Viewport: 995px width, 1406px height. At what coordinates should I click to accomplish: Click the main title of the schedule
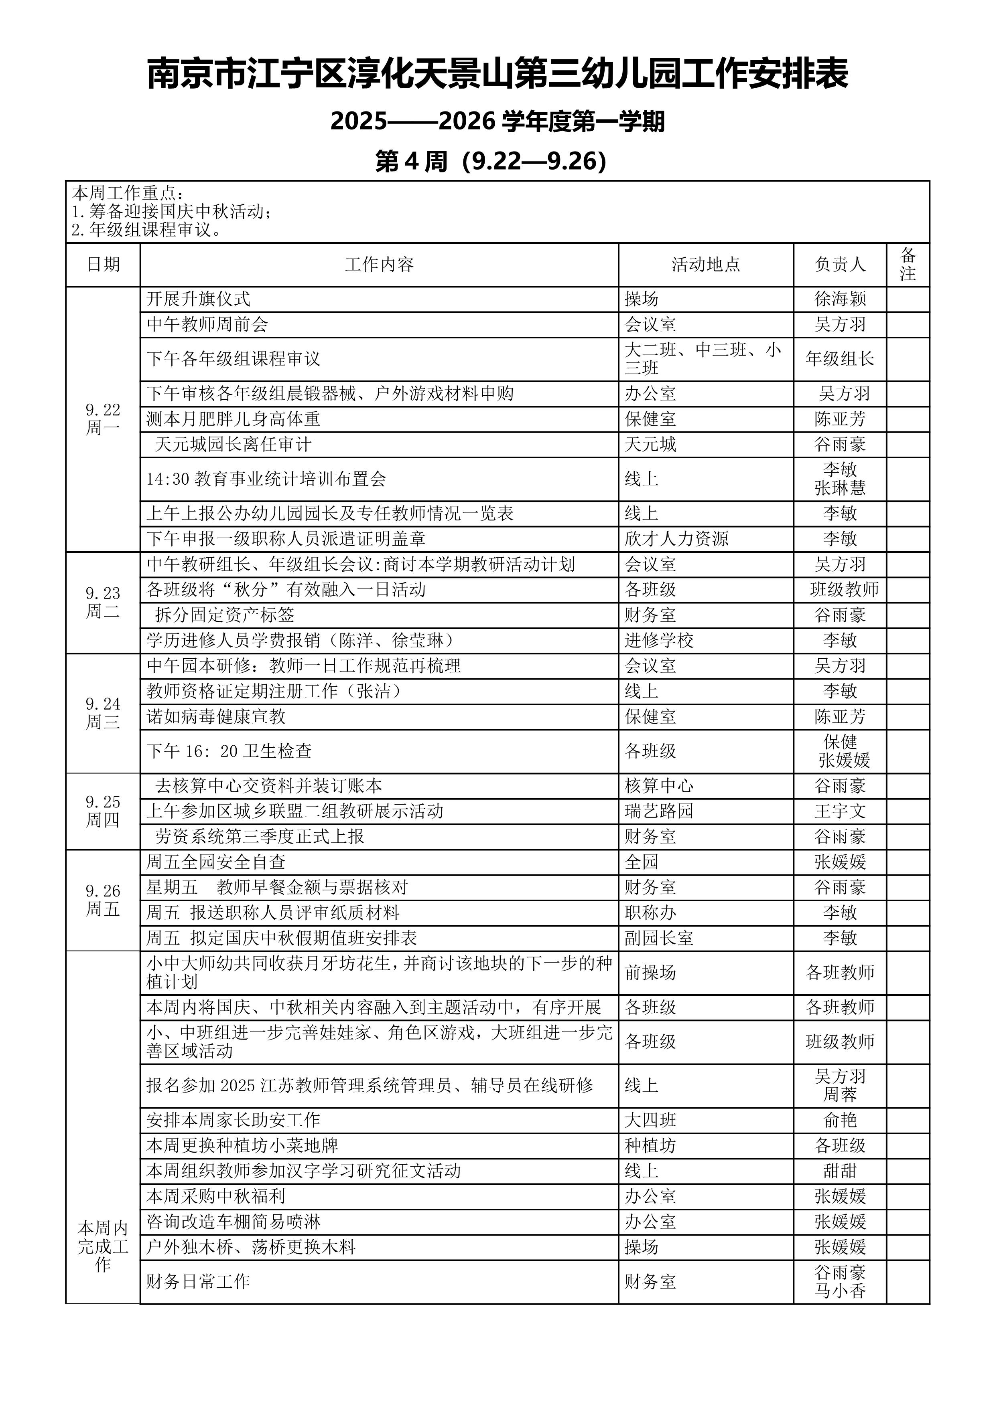coord(497,74)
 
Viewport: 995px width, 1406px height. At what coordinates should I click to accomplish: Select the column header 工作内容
coord(379,265)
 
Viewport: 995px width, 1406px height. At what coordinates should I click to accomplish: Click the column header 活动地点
coord(706,265)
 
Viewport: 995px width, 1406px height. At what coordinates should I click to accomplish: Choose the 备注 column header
coord(908,265)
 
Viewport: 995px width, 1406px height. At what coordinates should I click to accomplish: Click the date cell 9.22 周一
coord(103,419)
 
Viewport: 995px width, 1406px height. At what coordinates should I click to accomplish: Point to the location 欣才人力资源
coord(676,539)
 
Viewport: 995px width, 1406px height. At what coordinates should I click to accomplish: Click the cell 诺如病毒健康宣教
coord(216,716)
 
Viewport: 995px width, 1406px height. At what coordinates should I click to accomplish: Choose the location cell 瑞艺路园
coord(659,811)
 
